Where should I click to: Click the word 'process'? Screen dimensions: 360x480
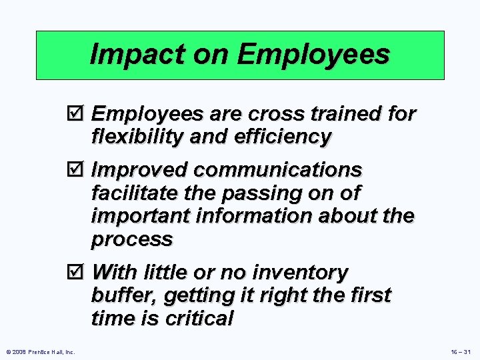pos(131,239)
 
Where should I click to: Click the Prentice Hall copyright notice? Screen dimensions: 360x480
pos(41,351)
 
